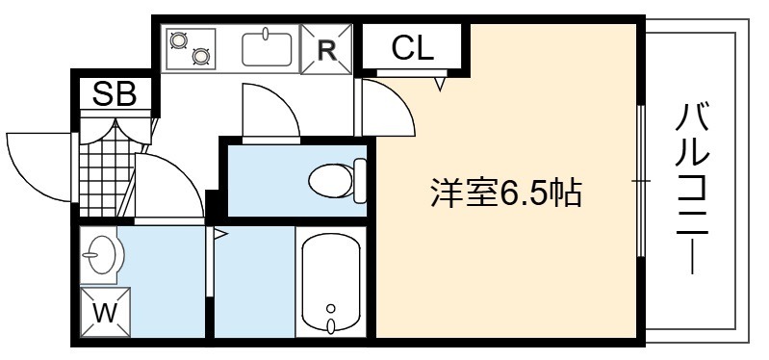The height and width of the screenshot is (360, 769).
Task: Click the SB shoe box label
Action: (x=115, y=93)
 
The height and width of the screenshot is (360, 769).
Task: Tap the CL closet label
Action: (x=413, y=48)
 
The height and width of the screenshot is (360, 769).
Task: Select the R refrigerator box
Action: (x=326, y=49)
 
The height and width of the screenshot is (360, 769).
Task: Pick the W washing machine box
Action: (x=106, y=312)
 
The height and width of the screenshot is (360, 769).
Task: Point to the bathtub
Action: (x=331, y=281)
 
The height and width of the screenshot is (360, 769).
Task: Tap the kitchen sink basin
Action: (x=268, y=48)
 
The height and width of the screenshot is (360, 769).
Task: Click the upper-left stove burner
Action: (x=177, y=39)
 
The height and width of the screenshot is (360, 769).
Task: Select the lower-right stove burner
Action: (x=200, y=57)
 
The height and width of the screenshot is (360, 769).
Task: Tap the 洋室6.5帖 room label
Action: (x=505, y=193)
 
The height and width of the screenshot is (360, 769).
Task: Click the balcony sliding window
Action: (x=640, y=181)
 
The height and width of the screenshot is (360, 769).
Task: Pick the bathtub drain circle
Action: (x=331, y=308)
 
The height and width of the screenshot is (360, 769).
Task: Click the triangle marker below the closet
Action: (x=440, y=84)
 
